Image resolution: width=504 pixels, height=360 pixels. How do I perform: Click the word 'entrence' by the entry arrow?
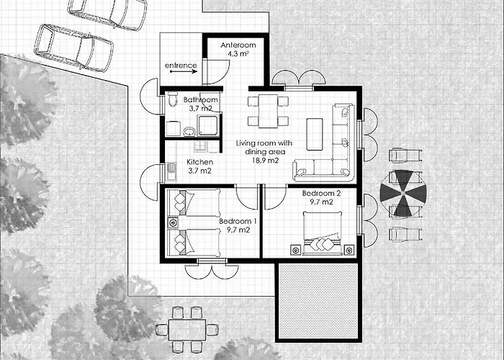coord(181,66)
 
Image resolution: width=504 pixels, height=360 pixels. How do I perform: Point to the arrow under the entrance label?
coord(184,72)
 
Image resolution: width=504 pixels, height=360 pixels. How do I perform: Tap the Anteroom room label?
coord(238,45)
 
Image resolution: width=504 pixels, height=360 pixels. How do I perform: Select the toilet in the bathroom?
coord(173,99)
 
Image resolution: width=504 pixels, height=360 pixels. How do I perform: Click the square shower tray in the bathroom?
coord(207,126)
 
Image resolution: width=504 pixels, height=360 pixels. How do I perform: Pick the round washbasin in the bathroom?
coord(189,131)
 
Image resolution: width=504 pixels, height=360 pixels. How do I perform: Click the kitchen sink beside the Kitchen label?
coord(171,171)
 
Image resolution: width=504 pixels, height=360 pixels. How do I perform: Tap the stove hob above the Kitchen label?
coord(199,146)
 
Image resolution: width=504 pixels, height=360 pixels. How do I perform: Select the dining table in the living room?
coord(268,111)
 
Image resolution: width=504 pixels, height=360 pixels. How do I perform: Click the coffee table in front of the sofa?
coord(315,134)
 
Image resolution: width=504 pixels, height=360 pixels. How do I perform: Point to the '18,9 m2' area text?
coord(265,161)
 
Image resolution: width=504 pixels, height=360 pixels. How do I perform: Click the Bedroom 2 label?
coord(321,193)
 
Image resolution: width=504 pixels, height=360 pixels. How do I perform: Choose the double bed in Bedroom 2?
coord(323,233)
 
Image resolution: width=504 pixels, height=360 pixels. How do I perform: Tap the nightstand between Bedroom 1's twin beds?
coord(173,222)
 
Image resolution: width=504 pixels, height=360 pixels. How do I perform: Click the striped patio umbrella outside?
coord(403,193)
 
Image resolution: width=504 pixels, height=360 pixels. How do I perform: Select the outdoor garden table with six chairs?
coord(187,330)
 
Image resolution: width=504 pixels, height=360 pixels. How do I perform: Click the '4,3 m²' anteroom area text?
coord(238,54)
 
